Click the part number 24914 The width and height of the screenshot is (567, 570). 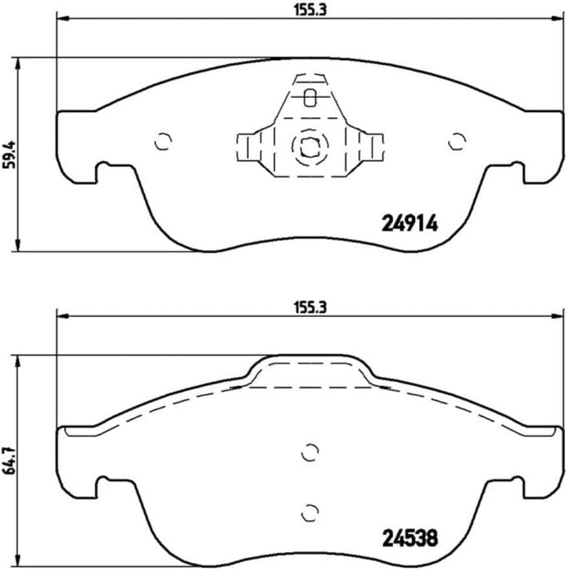click(409, 223)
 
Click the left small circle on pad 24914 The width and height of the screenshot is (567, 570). click(162, 142)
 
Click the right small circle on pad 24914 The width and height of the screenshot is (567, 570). click(454, 142)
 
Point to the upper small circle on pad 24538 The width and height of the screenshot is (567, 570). click(309, 452)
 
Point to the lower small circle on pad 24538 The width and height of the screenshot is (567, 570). click(309, 509)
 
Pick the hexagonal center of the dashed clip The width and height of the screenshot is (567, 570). click(308, 147)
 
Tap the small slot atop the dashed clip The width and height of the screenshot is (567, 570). click(309, 98)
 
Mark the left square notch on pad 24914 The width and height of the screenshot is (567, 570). click(103, 172)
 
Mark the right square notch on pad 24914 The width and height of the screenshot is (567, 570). click(514, 172)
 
